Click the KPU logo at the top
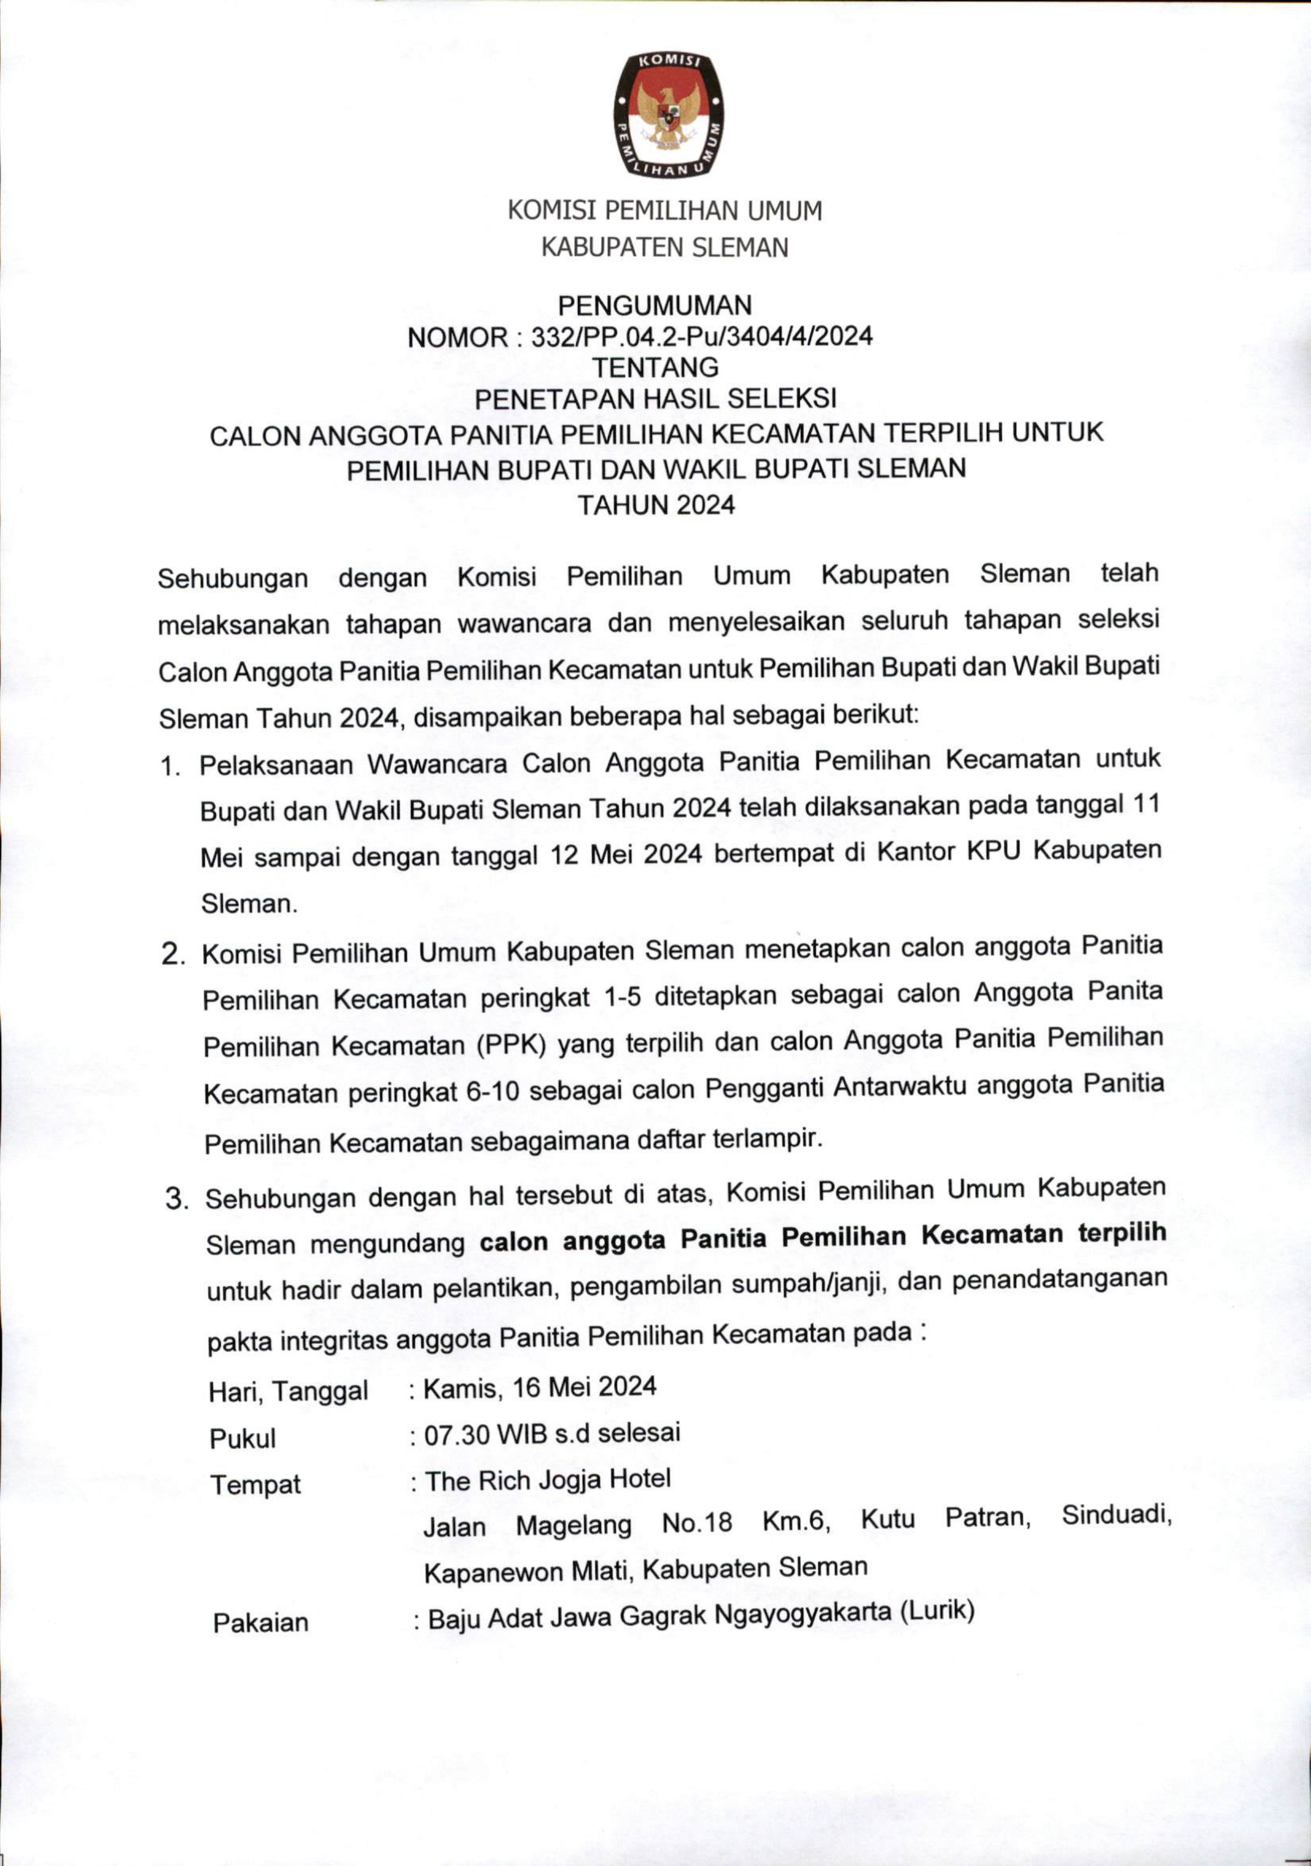(x=668, y=115)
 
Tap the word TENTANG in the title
(x=654, y=367)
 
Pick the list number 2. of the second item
(x=172, y=955)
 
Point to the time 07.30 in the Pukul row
(x=457, y=1435)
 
